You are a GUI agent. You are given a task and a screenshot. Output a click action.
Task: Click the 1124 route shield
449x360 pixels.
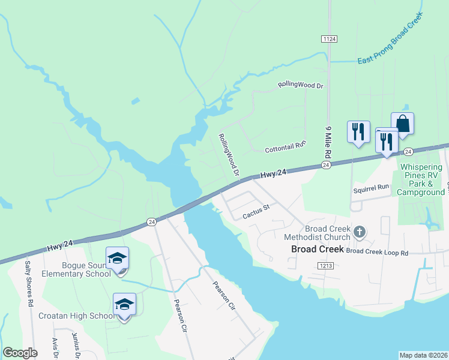pyautogui.click(x=329, y=39)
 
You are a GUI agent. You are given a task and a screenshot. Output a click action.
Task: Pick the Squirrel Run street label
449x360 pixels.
pyautogui.click(x=371, y=188)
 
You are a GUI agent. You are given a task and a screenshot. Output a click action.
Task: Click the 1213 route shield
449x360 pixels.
pyautogui.click(x=326, y=265)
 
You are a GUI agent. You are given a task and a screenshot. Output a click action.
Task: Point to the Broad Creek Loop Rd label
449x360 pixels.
pyautogui.click(x=377, y=253)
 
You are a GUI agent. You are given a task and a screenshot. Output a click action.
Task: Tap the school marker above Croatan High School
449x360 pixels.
pyautogui.click(x=124, y=305)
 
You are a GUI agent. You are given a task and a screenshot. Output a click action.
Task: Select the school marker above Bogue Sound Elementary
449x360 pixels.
pyautogui.click(x=117, y=259)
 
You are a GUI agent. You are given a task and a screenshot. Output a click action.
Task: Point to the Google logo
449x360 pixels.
pyautogui.click(x=20, y=353)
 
